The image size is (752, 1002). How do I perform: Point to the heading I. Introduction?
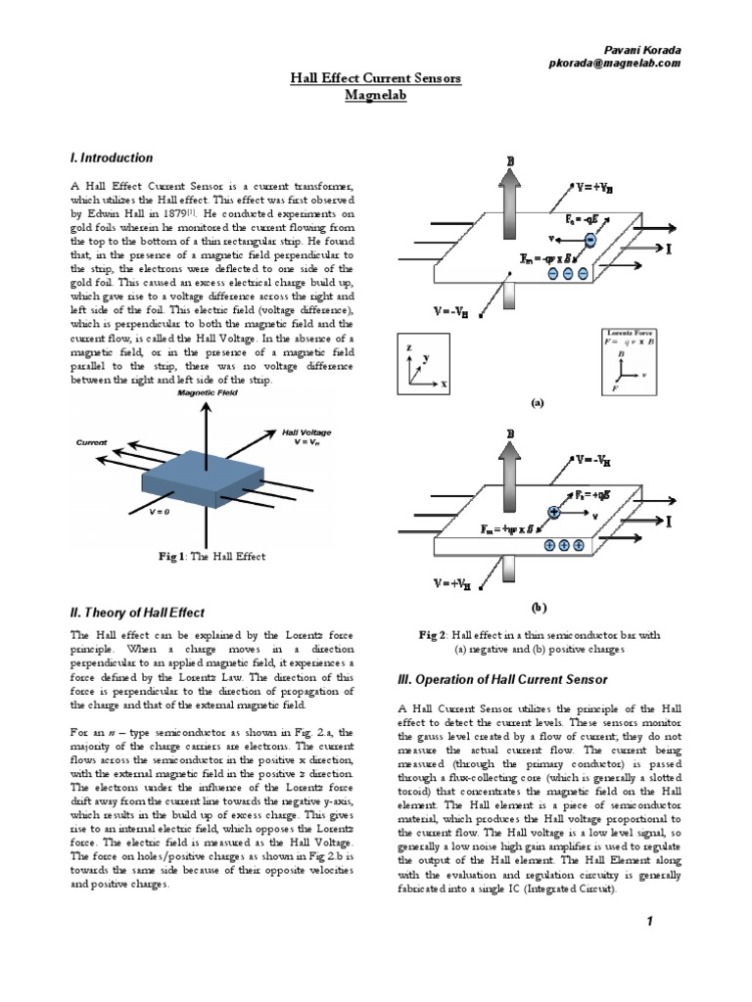click(x=111, y=158)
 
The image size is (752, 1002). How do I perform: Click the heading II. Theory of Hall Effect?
click(x=137, y=613)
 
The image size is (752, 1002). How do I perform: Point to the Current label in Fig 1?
click(x=91, y=442)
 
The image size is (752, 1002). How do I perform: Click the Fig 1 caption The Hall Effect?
click(x=212, y=557)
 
